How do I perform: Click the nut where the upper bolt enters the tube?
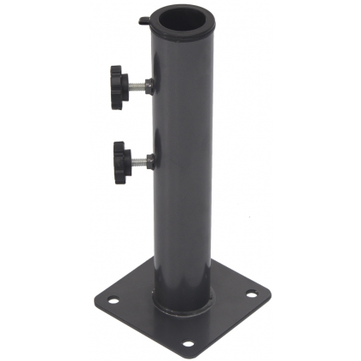pyautogui.click(x=149, y=85)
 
